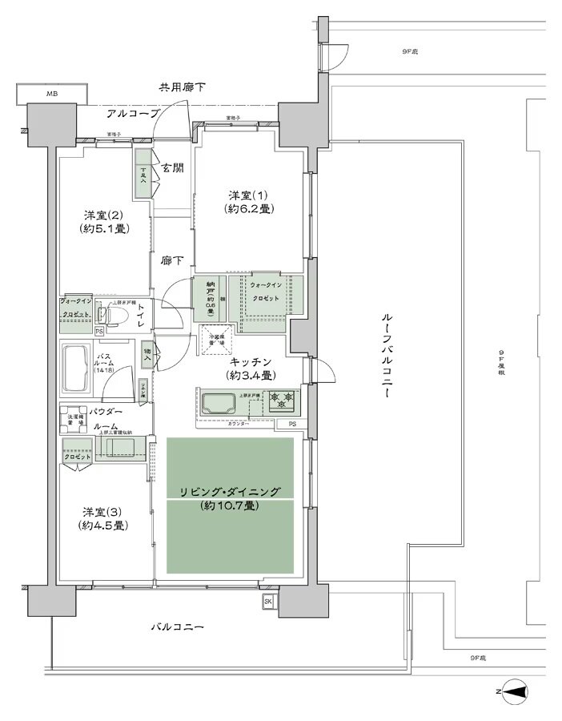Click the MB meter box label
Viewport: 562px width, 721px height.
[x=51, y=94]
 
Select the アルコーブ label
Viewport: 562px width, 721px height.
[x=119, y=114]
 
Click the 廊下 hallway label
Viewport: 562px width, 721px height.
[x=172, y=260]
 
